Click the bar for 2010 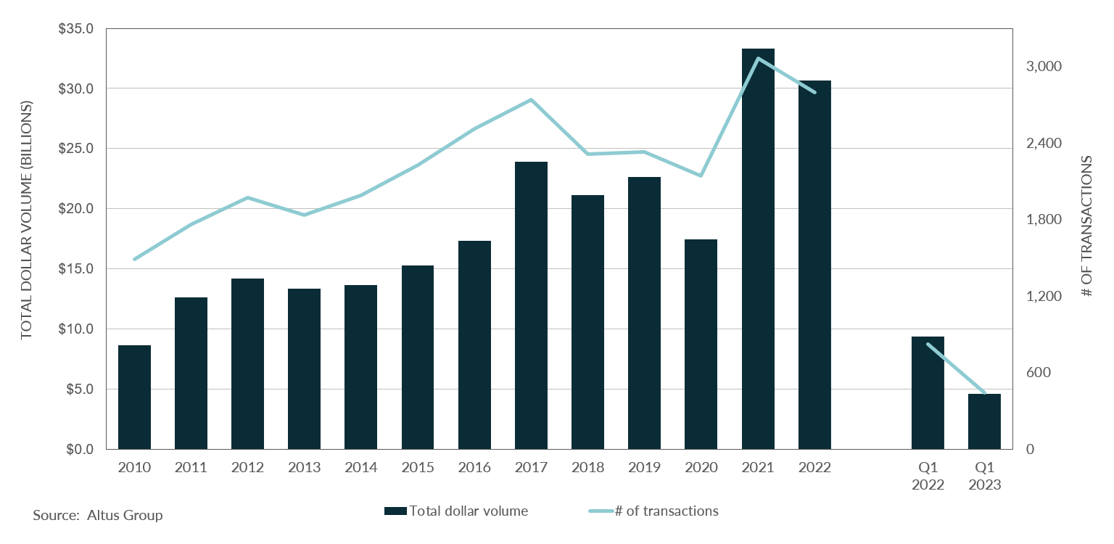pos(134,397)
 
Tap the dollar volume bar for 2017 pos(531,305)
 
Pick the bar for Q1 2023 pos(984,421)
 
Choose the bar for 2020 pos(701,344)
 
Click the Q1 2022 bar pos(928,392)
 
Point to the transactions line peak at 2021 pos(758,58)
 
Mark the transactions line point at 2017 pos(532,99)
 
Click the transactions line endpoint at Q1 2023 pos(984,393)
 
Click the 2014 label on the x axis pos(360,468)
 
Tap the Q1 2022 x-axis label pos(928,477)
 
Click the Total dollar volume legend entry pos(456,511)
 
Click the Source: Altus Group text pos(98,516)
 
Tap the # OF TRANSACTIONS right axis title pos(1086,226)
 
